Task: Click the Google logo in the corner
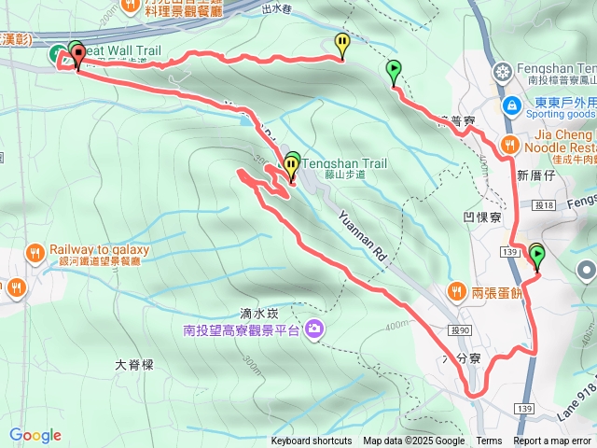tap(35, 435)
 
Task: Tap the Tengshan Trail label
tap(339, 161)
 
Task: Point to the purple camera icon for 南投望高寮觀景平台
tap(314, 329)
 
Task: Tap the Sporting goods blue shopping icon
tap(511, 106)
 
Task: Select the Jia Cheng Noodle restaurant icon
tap(508, 144)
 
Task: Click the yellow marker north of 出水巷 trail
tap(342, 42)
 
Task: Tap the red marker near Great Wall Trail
tap(77, 55)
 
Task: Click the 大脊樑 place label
tap(133, 365)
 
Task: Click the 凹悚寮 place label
tap(482, 216)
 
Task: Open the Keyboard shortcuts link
tap(311, 441)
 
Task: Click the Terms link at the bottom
tap(489, 441)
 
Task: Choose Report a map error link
tap(553, 441)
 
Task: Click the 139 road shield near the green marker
tap(509, 252)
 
